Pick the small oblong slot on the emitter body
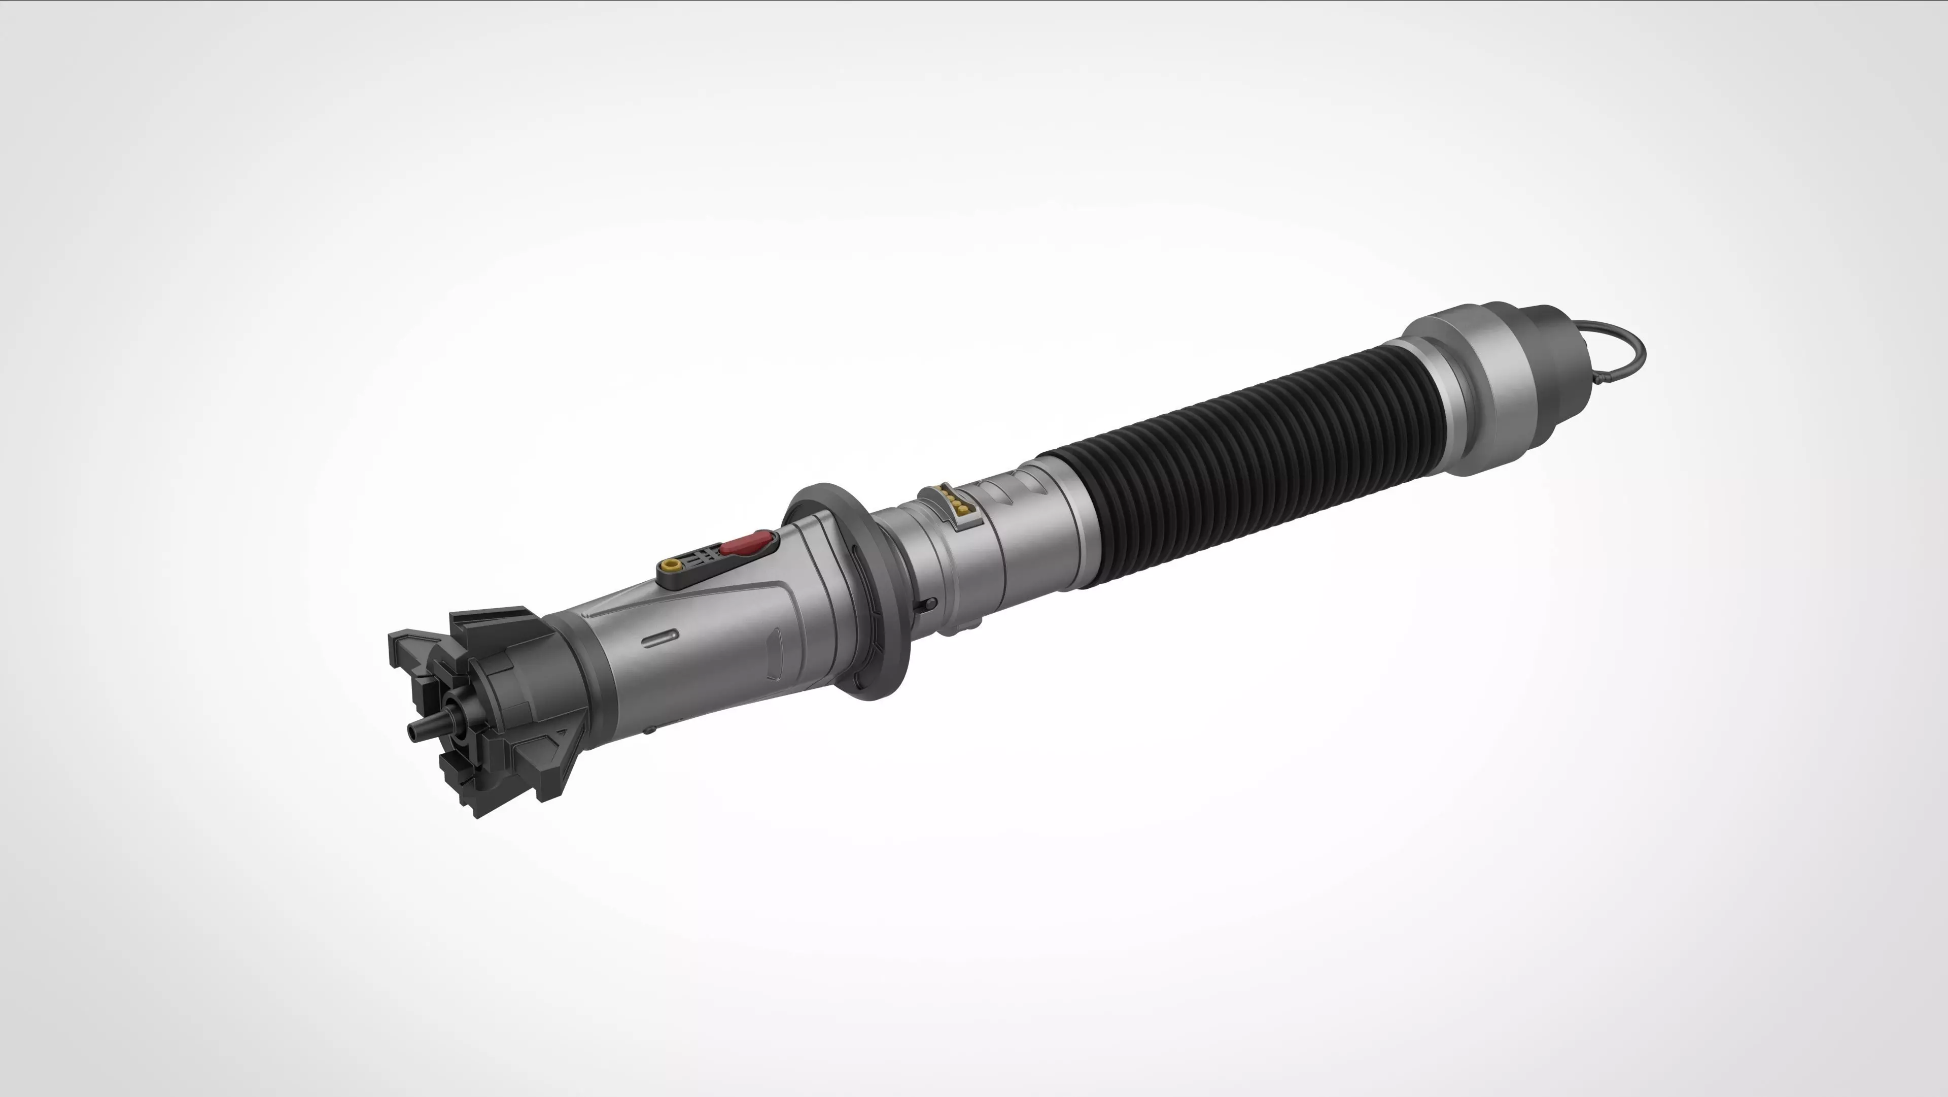tap(659, 638)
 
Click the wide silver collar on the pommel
tap(1482, 393)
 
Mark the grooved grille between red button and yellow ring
tap(700, 557)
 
